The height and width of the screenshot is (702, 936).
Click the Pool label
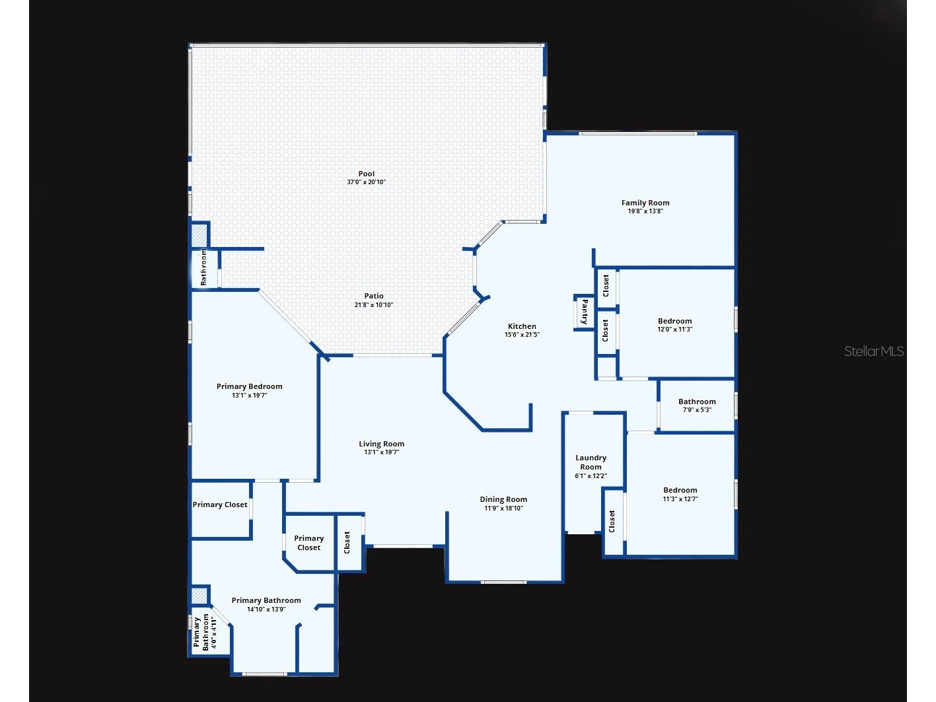coord(367,174)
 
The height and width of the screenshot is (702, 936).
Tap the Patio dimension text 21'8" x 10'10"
coord(374,304)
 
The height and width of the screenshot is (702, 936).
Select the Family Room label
coord(645,203)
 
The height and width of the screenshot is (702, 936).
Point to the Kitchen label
coord(522,326)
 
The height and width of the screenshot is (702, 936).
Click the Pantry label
coord(585,312)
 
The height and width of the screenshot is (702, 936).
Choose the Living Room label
coord(381,444)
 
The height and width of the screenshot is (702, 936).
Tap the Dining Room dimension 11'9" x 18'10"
coord(503,508)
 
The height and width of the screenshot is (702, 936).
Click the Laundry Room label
coord(591,462)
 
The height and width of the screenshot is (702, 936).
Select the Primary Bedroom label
coord(250,386)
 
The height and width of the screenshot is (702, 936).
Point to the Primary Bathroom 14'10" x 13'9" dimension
coord(266,609)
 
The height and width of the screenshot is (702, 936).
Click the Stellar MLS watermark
coord(874,351)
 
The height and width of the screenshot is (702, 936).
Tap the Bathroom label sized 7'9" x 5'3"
coord(697,402)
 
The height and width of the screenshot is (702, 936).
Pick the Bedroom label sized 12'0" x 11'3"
coord(674,321)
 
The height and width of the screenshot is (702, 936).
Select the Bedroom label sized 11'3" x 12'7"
coord(680,490)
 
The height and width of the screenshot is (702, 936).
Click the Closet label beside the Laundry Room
coord(612,521)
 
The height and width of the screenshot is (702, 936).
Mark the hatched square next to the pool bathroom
coord(199,235)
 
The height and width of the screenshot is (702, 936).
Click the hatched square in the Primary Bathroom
coord(199,596)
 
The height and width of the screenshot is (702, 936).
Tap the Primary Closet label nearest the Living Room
coord(308,543)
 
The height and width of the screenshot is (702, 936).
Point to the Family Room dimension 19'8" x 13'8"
coord(645,211)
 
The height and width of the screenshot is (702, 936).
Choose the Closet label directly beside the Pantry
coord(605,330)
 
